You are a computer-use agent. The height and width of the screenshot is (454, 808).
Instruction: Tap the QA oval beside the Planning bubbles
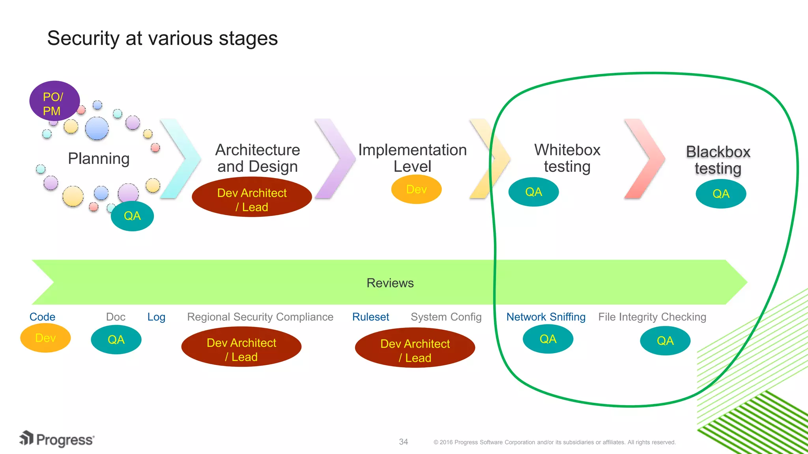point(132,216)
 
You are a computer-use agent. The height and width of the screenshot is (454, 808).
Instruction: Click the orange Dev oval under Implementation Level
point(416,190)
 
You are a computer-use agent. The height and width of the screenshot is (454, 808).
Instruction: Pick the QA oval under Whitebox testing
point(533,192)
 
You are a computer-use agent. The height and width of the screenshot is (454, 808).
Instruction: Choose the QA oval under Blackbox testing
point(721,194)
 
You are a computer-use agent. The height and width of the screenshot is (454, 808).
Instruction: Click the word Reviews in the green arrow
point(390,283)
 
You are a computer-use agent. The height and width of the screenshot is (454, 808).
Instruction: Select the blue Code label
point(42,317)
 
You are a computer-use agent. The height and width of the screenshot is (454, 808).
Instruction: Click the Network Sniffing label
point(546,317)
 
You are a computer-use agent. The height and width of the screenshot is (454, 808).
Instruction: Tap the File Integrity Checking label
point(652,317)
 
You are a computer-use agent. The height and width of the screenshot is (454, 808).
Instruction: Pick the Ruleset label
point(370,317)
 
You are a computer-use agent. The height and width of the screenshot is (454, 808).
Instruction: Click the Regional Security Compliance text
point(260,317)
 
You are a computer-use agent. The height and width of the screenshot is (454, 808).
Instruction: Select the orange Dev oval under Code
point(45,338)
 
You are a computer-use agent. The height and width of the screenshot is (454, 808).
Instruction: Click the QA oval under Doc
point(116,339)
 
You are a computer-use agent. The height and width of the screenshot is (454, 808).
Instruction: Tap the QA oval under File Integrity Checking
point(665,340)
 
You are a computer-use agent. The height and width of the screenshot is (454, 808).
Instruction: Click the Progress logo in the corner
point(57,439)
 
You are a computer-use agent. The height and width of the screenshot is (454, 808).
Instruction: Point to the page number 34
point(403,442)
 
